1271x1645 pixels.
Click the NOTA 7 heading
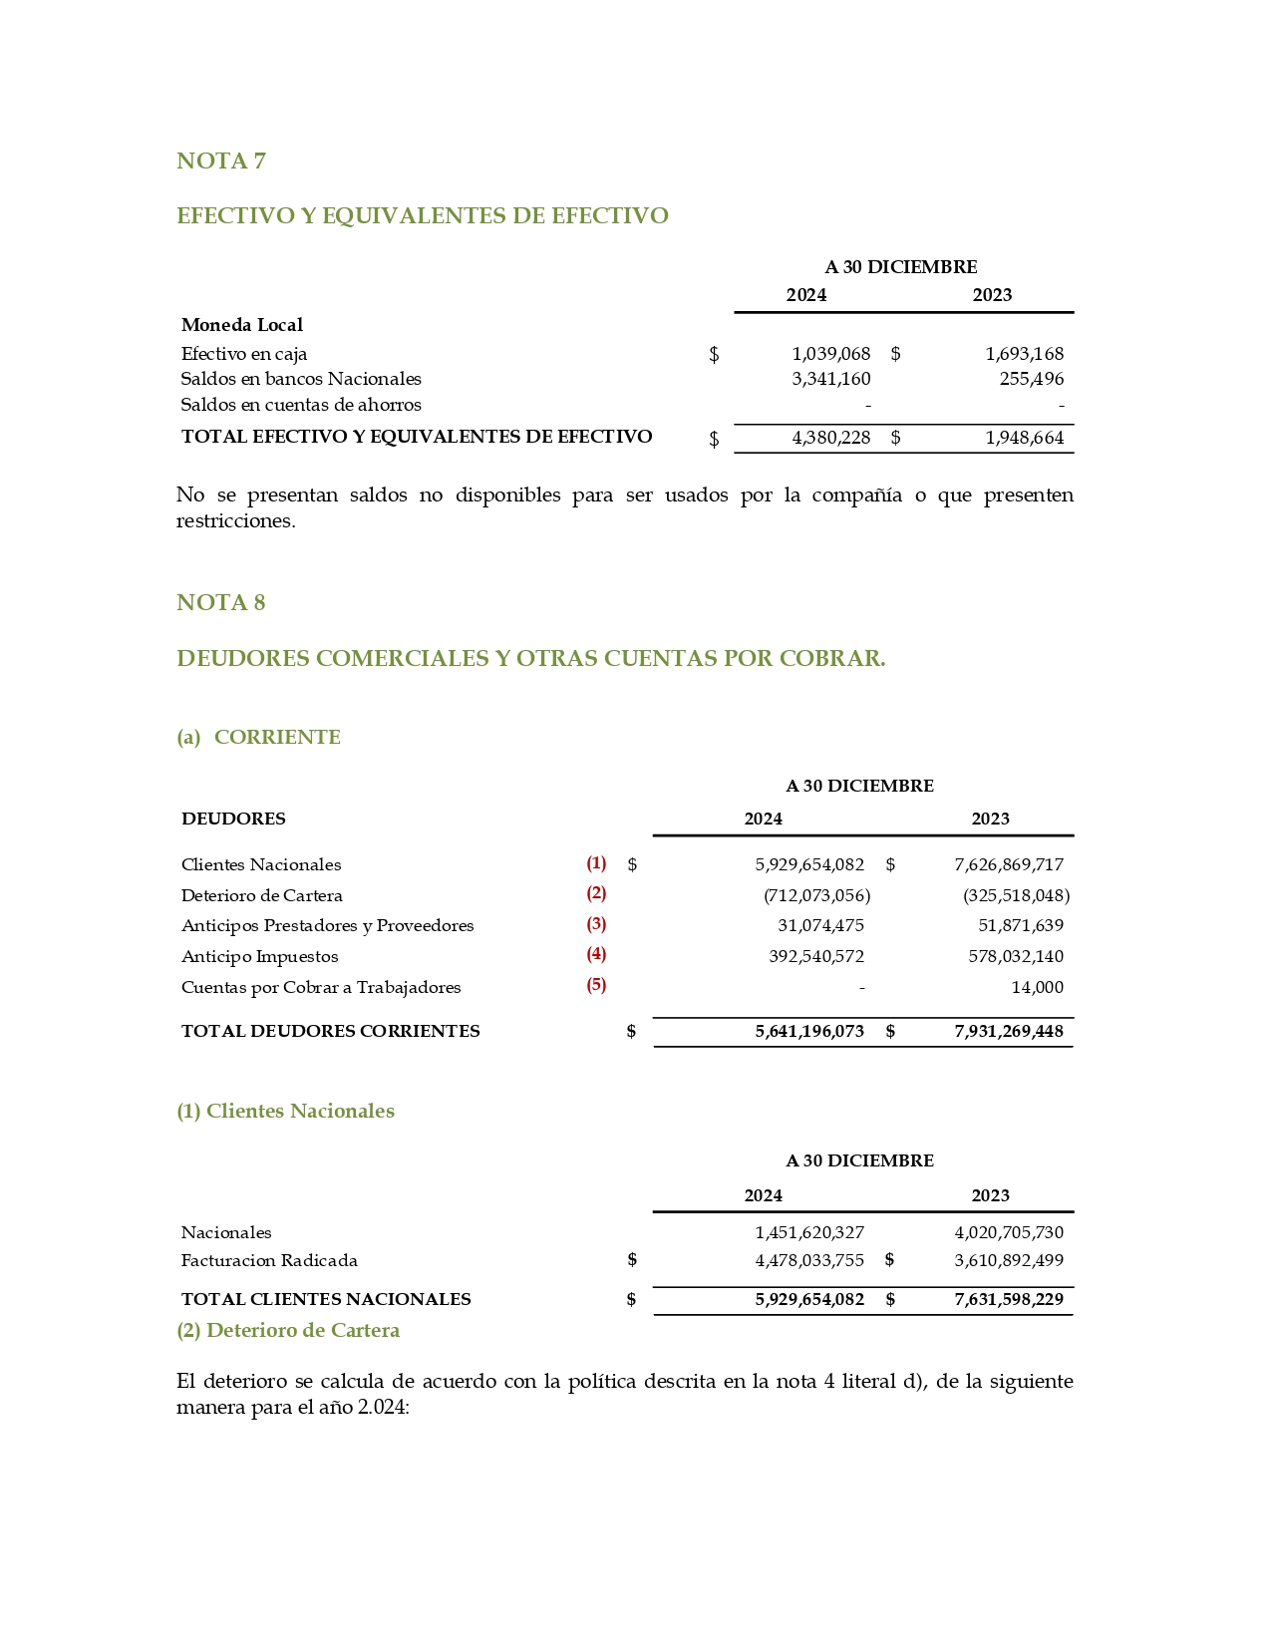pos(220,162)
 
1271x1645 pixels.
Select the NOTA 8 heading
pos(220,603)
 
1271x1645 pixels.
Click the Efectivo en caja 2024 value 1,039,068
pos(830,354)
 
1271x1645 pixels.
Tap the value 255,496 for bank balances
pos(1031,379)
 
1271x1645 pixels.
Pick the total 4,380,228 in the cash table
pos(830,438)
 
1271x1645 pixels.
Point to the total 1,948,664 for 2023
pos(1024,438)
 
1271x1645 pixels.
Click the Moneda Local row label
pos(241,325)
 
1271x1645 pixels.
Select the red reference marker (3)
pos(596,924)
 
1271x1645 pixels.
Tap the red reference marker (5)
pos(596,985)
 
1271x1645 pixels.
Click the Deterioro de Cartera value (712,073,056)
pos(816,895)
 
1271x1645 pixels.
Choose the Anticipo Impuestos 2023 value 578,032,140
pos(1015,956)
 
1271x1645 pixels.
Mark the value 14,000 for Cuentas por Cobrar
pos(1037,987)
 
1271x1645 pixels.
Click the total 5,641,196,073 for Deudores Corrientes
pos(809,1031)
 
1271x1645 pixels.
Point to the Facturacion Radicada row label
pos(269,1260)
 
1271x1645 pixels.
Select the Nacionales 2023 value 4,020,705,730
pos(1009,1232)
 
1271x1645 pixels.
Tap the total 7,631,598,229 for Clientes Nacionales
pos(1009,1299)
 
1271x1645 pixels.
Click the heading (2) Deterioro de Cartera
pos(288,1330)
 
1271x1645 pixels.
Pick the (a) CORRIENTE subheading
pos(258,737)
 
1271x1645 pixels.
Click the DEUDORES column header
pos(233,819)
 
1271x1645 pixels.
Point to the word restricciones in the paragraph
pos(235,520)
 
